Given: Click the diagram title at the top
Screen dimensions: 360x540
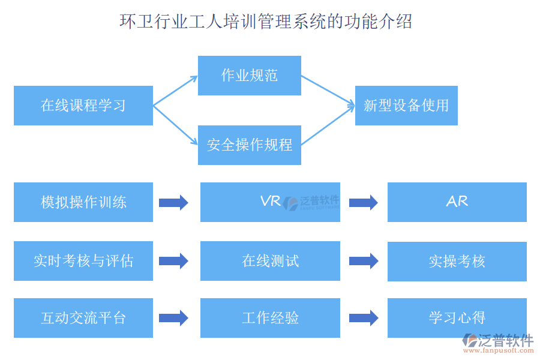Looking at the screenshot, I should click(266, 22).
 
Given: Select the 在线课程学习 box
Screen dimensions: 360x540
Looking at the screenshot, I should click(83, 106).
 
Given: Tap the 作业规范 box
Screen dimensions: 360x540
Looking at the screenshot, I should click(250, 76).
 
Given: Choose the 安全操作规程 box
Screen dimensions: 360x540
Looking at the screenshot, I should click(250, 145).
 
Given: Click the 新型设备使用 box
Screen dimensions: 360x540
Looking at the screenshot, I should click(406, 106).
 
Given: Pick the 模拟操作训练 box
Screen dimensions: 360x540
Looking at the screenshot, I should click(83, 202).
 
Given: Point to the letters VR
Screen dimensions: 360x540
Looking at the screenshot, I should click(271, 201).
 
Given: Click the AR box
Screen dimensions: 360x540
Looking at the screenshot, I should click(457, 202).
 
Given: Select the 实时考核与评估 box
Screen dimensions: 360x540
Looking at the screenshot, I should click(83, 261).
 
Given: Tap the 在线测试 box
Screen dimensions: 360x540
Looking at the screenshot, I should click(270, 261).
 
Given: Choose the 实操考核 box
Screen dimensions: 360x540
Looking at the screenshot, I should click(457, 261).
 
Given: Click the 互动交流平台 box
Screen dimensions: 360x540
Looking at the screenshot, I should click(83, 318).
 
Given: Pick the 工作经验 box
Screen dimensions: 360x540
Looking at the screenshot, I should click(270, 318).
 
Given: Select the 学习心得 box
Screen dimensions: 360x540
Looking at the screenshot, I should click(457, 318).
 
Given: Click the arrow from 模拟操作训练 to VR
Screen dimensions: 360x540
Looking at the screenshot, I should click(173, 203).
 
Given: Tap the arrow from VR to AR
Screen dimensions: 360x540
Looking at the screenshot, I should click(364, 203).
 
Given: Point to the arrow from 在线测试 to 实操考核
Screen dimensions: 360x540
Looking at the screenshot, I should click(364, 261).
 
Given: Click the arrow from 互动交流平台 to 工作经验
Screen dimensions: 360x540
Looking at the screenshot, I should click(173, 318).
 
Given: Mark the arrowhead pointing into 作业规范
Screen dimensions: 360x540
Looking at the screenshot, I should click(193, 78).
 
